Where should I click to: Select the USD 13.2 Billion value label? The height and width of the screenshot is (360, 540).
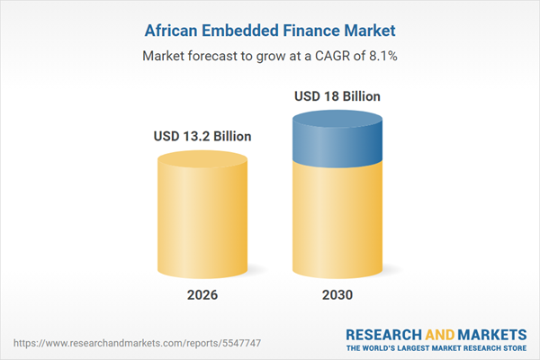click(x=202, y=137)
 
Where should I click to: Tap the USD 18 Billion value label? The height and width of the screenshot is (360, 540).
click(x=337, y=95)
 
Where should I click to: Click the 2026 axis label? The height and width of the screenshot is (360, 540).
click(x=202, y=295)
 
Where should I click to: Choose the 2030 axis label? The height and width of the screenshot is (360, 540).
click(x=337, y=295)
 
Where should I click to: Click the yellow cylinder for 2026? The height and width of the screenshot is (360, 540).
click(x=202, y=216)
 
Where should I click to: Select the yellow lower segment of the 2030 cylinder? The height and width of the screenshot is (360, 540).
click(x=337, y=216)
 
